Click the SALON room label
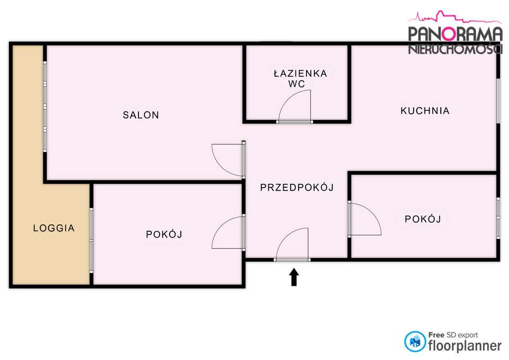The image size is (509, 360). click(x=141, y=115)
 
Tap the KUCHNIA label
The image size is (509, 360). click(x=425, y=111)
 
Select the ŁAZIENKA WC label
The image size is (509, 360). click(x=300, y=78)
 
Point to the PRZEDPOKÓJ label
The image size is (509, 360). click(x=296, y=187)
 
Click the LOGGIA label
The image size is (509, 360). click(x=54, y=229)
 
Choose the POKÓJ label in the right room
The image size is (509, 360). click(x=423, y=218)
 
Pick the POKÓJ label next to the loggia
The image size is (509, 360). click(x=164, y=234)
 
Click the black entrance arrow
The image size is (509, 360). click(x=294, y=277)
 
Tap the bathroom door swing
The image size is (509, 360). click(x=296, y=106)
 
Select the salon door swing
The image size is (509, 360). click(x=228, y=159)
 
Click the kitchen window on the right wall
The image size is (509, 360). click(x=498, y=101)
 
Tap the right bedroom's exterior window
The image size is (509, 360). click(x=498, y=216)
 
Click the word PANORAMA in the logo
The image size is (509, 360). click(x=455, y=34)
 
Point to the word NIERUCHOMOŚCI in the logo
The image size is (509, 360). click(x=455, y=50)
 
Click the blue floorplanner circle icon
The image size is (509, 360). click(x=415, y=341)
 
